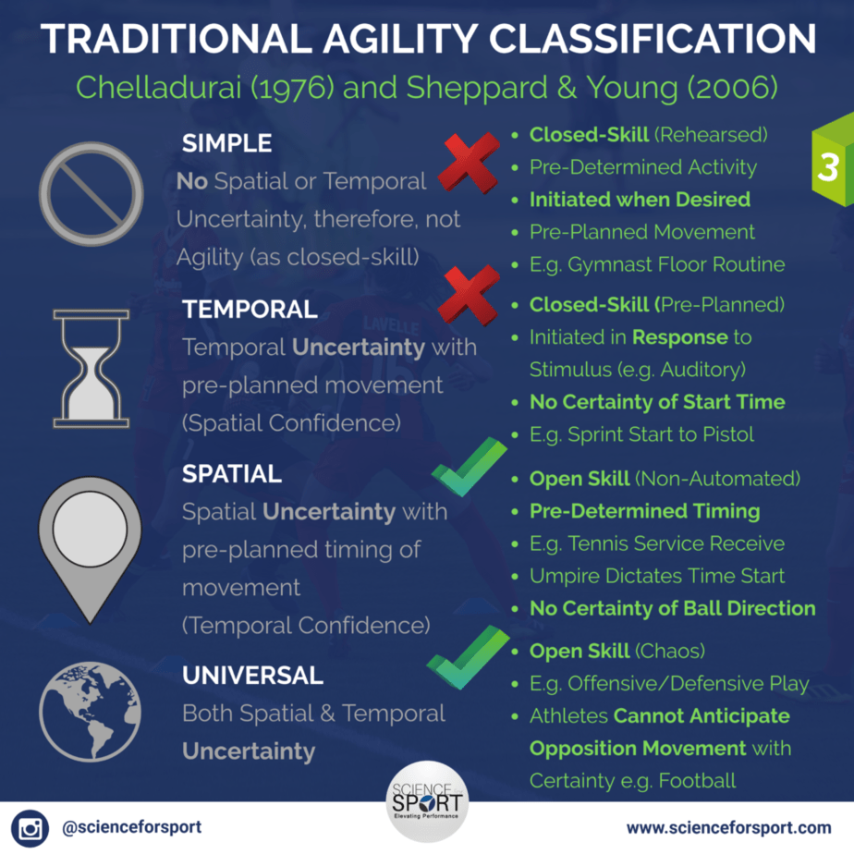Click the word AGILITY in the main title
401,39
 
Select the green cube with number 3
833,160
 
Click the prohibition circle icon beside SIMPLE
91,194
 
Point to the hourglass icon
91,369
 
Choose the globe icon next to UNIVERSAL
90,712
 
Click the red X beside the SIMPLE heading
469,164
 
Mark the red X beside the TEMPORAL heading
469,295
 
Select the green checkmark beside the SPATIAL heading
468,468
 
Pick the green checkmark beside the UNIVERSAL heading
468,658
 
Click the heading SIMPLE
226,143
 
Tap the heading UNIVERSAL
252,676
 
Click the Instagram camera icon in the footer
30,828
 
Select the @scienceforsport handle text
132,827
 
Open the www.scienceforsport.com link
728,828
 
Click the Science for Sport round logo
427,801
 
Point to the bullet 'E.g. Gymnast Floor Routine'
657,264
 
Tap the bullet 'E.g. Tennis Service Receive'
657,543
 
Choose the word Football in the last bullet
697,781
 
